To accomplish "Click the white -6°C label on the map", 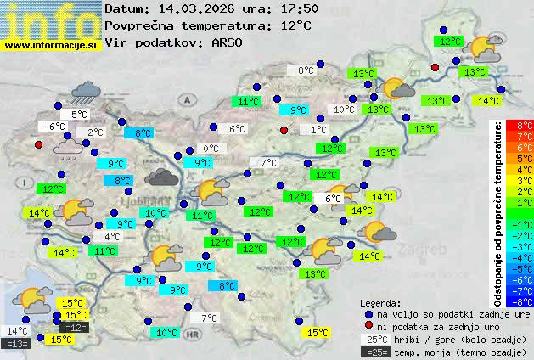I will pos(56,127).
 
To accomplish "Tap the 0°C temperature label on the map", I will pos(210,149).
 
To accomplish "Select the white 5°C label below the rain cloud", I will pos(80,115).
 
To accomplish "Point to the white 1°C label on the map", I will pos(318,130).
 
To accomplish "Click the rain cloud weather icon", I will pos(86,92).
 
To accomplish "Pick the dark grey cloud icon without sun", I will pos(160,177).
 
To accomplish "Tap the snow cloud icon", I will pos(68,148).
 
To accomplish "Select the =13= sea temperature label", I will pos(17,343).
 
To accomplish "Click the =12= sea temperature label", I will pos(75,327).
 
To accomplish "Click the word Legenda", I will pos(380,303).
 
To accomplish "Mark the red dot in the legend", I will pos(368,326).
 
